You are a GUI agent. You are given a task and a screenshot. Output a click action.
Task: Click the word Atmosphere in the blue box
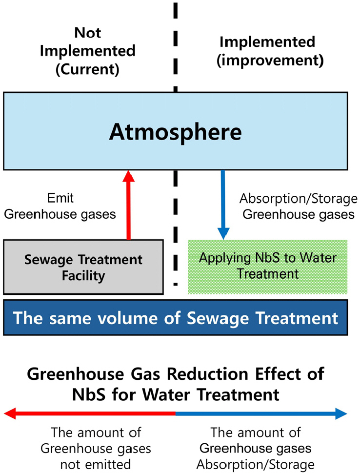point(176,132)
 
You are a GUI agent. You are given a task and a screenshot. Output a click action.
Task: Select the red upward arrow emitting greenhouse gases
point(129,205)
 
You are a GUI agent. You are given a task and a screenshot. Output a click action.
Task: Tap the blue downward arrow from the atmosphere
point(223,205)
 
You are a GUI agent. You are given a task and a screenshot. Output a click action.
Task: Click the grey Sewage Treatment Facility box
point(83,267)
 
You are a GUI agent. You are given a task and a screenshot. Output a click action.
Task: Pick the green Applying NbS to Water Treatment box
point(268,267)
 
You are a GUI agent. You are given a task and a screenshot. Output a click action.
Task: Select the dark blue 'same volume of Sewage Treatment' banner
point(176,318)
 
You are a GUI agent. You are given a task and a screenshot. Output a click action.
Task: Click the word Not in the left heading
point(88,33)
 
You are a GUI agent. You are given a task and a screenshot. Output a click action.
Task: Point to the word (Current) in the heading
point(87,69)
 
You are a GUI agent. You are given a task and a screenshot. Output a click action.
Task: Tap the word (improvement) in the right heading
point(270,60)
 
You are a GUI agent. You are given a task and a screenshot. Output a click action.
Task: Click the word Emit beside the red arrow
point(60,198)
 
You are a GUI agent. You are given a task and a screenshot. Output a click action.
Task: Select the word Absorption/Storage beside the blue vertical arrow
point(299,199)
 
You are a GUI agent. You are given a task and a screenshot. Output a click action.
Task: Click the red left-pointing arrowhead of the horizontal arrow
point(10,413)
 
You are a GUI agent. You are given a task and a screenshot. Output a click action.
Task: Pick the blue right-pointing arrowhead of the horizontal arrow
point(341,413)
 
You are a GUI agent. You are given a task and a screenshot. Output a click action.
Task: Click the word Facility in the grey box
point(83,276)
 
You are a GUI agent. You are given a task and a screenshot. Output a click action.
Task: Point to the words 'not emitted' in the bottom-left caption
point(96,464)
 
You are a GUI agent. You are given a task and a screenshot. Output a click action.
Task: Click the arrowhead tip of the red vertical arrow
point(129,170)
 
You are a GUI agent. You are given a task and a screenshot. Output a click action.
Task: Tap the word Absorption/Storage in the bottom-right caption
point(256,465)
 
